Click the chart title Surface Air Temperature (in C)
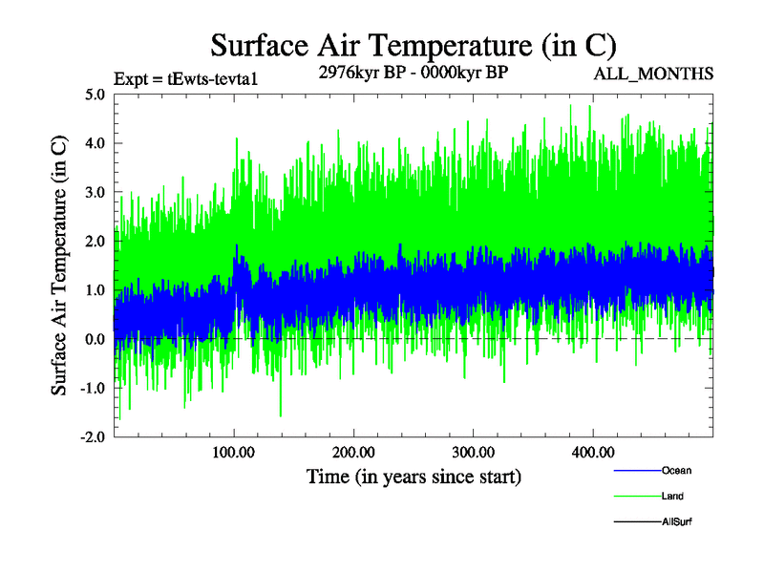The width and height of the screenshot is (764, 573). tap(413, 44)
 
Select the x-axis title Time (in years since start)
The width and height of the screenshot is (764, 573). tap(413, 476)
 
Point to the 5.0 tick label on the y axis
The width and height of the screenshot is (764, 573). tap(95, 95)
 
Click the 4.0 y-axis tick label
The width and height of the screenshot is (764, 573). tap(95, 143)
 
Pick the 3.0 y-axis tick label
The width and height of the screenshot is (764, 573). tap(95, 192)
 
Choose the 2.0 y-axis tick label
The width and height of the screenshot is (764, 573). tap(95, 241)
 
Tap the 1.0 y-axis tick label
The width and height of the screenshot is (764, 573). tap(95, 290)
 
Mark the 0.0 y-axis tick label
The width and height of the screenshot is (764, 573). tap(95, 339)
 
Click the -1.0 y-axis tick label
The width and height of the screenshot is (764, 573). tap(93, 388)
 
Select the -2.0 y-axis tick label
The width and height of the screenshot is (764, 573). tap(93, 436)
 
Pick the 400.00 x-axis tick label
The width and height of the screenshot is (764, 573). tap(592, 452)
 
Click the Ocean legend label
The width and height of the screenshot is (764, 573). tap(676, 471)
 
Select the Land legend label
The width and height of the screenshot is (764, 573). tap(672, 497)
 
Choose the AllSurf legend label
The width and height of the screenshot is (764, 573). tap(677, 521)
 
